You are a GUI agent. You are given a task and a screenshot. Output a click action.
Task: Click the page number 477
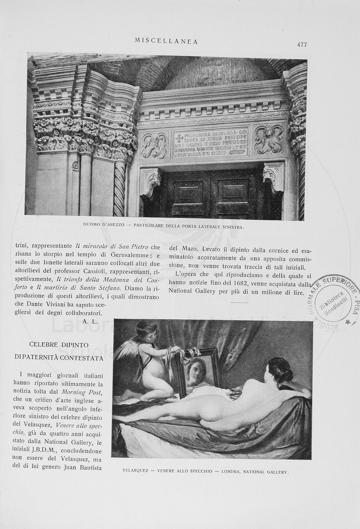[x=302, y=45]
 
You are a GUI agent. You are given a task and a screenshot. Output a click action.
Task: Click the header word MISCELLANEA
[x=166, y=41]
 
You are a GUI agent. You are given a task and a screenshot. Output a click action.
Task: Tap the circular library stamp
[x=334, y=301]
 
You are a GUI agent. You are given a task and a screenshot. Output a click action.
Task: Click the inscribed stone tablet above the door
[x=211, y=142]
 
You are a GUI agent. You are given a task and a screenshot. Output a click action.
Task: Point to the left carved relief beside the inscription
[x=154, y=145]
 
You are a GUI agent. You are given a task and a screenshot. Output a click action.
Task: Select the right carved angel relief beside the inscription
[x=269, y=140]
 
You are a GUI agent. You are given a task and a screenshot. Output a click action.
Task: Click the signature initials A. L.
[x=89, y=321]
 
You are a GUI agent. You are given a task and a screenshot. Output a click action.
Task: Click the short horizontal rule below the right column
[x=239, y=302]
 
